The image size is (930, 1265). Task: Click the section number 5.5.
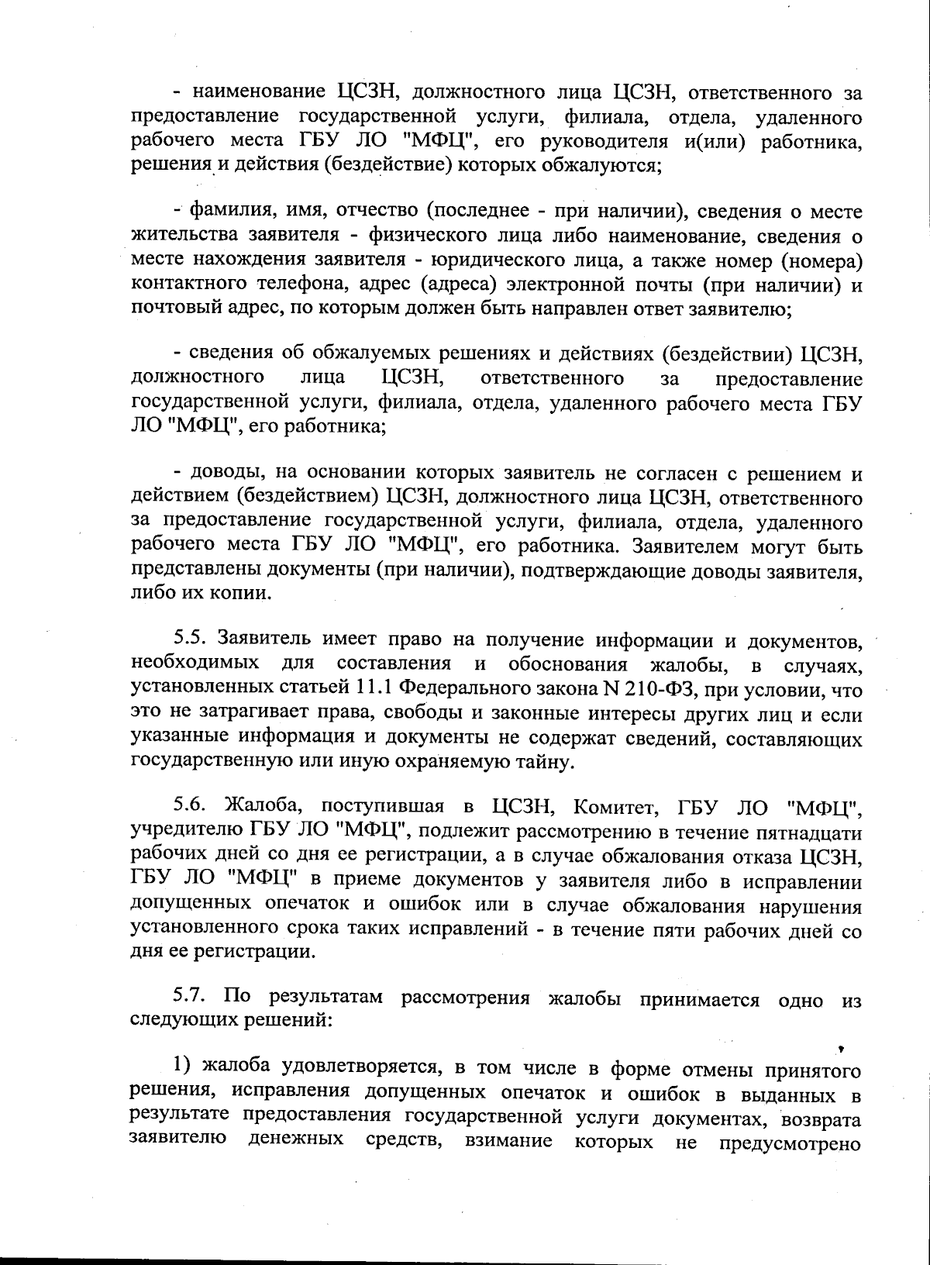[x=188, y=639]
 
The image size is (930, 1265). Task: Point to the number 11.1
[x=377, y=688]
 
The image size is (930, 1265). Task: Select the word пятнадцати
[x=812, y=833]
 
